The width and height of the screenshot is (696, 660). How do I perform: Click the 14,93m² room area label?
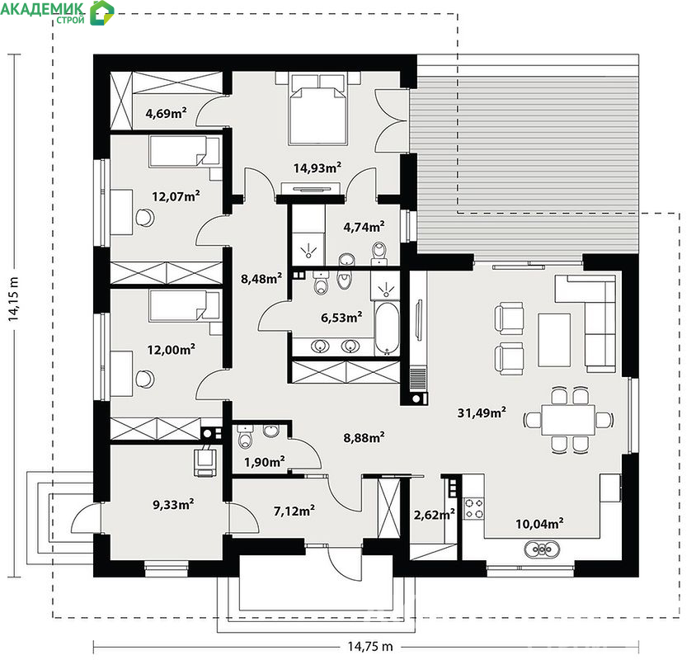point(317,167)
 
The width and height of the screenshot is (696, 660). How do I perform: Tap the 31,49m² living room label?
point(482,412)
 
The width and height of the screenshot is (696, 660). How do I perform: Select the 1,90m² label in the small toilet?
point(265,462)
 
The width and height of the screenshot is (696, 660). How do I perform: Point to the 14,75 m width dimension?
point(369,646)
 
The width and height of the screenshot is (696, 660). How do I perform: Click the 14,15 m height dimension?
point(13,299)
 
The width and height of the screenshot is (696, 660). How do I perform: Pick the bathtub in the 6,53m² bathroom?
point(387,328)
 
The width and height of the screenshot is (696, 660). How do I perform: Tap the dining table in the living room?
point(567,420)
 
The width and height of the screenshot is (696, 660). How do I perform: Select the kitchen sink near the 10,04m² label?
point(542,549)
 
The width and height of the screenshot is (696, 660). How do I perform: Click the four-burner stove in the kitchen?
point(473,508)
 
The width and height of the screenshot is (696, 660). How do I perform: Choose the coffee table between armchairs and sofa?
point(554,340)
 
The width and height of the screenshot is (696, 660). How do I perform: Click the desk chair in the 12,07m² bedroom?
point(144,218)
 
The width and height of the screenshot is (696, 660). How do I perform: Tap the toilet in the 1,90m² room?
point(245,436)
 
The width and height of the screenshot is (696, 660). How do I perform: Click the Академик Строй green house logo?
point(101,12)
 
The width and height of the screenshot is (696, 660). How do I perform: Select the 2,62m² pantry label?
point(434,515)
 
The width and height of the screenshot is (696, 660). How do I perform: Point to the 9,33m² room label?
point(173,505)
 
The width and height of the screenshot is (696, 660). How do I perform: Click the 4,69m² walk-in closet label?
point(166,113)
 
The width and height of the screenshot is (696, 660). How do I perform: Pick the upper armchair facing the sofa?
point(509,318)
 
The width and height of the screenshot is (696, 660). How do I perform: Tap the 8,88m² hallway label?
point(364,438)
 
